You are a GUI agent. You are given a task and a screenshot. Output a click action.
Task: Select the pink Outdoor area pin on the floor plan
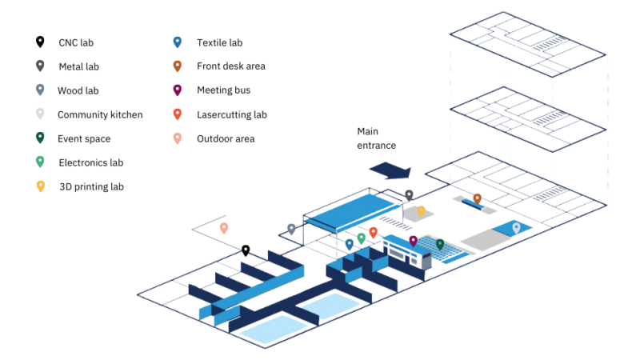click(224, 228)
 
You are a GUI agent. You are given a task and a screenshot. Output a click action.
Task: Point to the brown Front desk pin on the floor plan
click(477, 198)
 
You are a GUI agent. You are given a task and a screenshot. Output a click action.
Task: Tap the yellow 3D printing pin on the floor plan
click(421, 211)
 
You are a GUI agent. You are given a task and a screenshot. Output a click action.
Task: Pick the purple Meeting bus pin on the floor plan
click(413, 241)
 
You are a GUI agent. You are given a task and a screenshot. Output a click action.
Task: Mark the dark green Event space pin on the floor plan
click(439, 244)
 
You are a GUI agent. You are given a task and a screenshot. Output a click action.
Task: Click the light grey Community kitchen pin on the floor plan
click(516, 228)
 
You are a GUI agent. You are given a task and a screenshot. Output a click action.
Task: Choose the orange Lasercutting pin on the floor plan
click(373, 233)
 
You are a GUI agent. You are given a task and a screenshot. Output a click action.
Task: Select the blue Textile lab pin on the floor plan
click(349, 244)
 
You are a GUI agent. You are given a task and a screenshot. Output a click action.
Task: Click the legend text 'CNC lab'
click(81, 42)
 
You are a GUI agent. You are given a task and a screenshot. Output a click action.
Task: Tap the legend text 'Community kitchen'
click(100, 114)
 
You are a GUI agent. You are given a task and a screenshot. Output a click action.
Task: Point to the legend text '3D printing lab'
click(91, 186)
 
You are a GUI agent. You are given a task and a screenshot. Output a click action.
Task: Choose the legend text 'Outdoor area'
click(226, 138)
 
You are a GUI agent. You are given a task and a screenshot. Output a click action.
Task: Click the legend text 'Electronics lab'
click(91, 162)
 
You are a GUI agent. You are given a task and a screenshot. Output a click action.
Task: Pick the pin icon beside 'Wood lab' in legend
click(40, 90)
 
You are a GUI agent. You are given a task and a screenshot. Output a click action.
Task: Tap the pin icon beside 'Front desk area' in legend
click(178, 66)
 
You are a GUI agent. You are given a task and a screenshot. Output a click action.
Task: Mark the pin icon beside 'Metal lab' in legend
click(40, 66)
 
